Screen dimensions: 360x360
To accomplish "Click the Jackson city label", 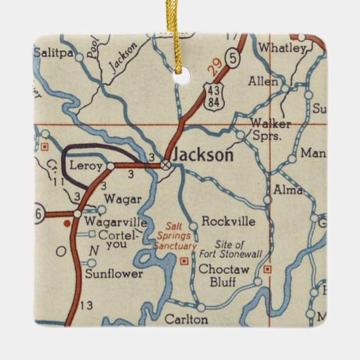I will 202,155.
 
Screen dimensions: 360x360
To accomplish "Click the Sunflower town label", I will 114,274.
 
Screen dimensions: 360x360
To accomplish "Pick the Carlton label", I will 187,320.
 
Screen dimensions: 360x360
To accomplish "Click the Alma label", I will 288,191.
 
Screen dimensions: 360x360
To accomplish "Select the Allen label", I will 263,82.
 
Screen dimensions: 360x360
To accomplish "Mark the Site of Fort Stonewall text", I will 230,249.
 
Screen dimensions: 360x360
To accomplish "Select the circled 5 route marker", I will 233,57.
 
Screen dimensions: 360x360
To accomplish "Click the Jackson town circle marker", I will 165,164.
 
